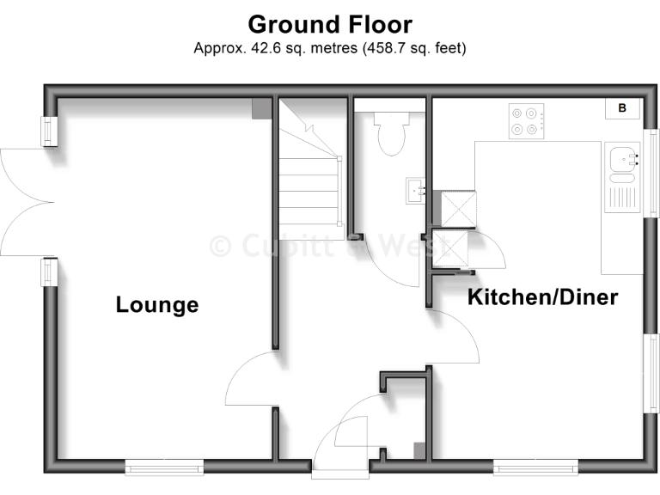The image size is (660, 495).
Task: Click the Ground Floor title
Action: point(330,24)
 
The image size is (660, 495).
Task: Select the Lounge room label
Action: point(157,304)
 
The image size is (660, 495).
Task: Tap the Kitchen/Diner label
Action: point(542,297)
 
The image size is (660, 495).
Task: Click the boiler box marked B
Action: point(622,108)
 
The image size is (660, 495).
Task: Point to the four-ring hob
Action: point(527,120)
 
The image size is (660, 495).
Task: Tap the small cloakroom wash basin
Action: point(415,188)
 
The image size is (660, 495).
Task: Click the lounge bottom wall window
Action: point(164,467)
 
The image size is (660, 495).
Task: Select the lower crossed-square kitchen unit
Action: point(450,250)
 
